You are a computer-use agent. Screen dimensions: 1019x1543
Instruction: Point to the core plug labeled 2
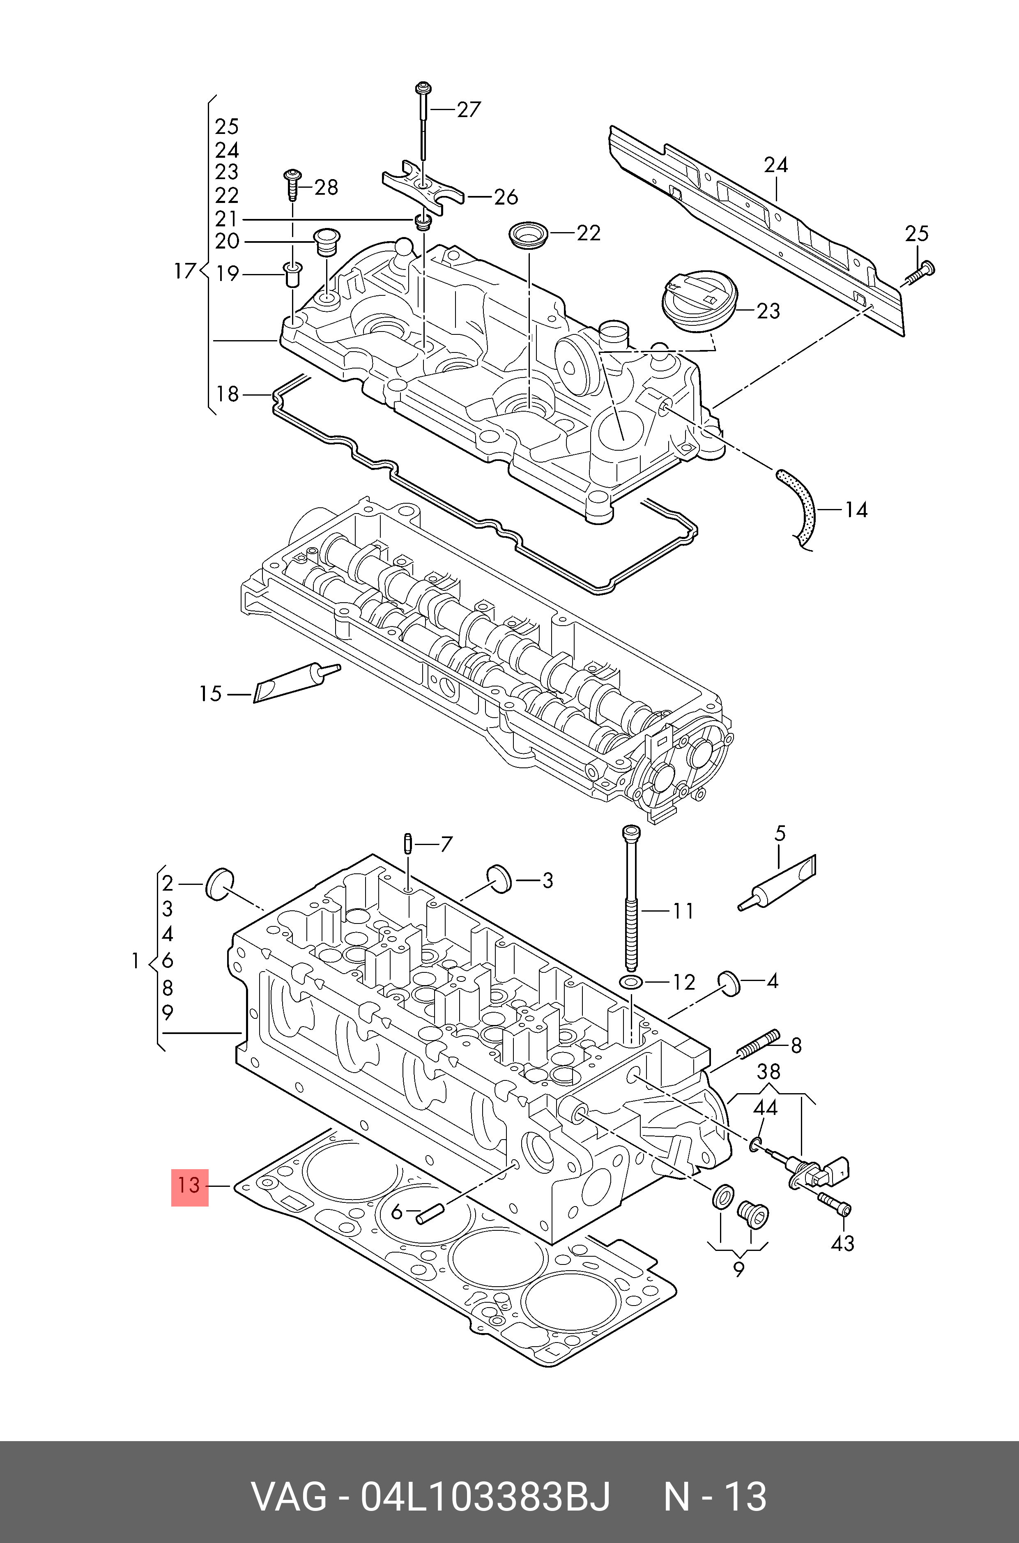[219, 883]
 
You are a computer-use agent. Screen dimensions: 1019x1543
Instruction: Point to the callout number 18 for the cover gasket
[228, 394]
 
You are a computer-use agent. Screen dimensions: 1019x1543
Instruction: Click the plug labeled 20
[326, 243]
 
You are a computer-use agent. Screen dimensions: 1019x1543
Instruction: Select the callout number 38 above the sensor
[768, 1071]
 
